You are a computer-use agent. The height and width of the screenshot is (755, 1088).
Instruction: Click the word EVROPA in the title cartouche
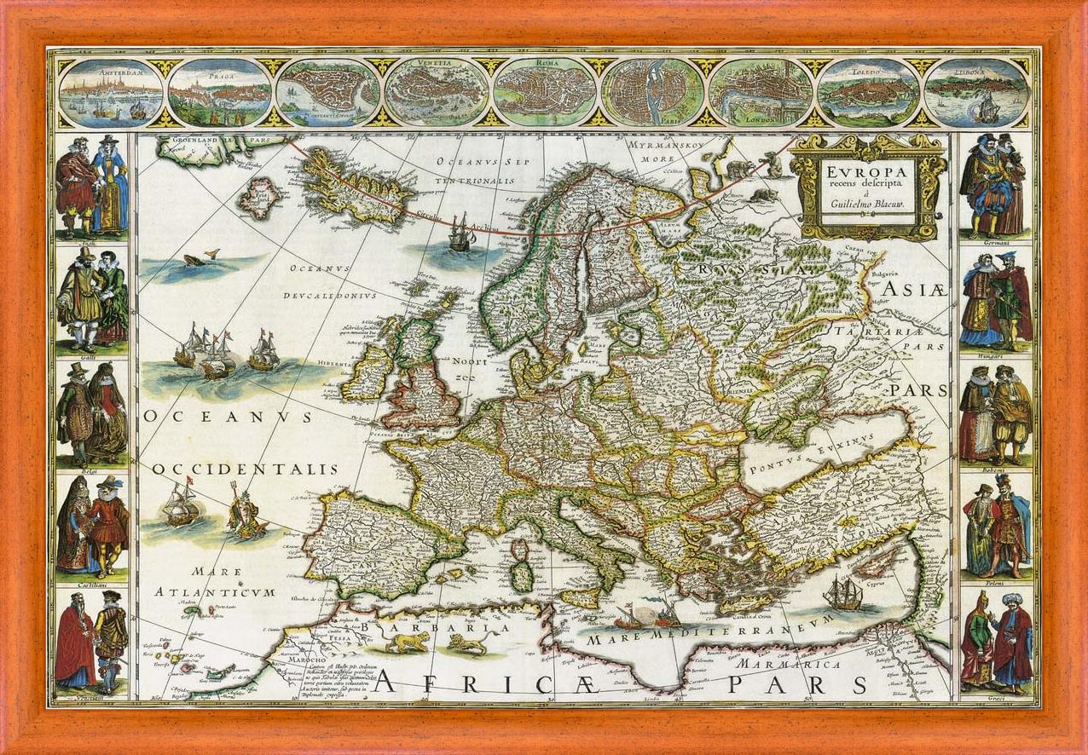[866, 169]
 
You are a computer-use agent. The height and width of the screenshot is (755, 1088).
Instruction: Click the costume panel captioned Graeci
[996, 642]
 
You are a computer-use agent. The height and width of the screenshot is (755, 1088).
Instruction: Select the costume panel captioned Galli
[92, 297]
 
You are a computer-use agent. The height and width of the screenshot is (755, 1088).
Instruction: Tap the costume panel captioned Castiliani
[92, 527]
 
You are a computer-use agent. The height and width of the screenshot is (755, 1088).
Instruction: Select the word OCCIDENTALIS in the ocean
[246, 470]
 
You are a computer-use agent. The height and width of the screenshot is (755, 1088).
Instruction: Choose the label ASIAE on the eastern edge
[914, 291]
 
